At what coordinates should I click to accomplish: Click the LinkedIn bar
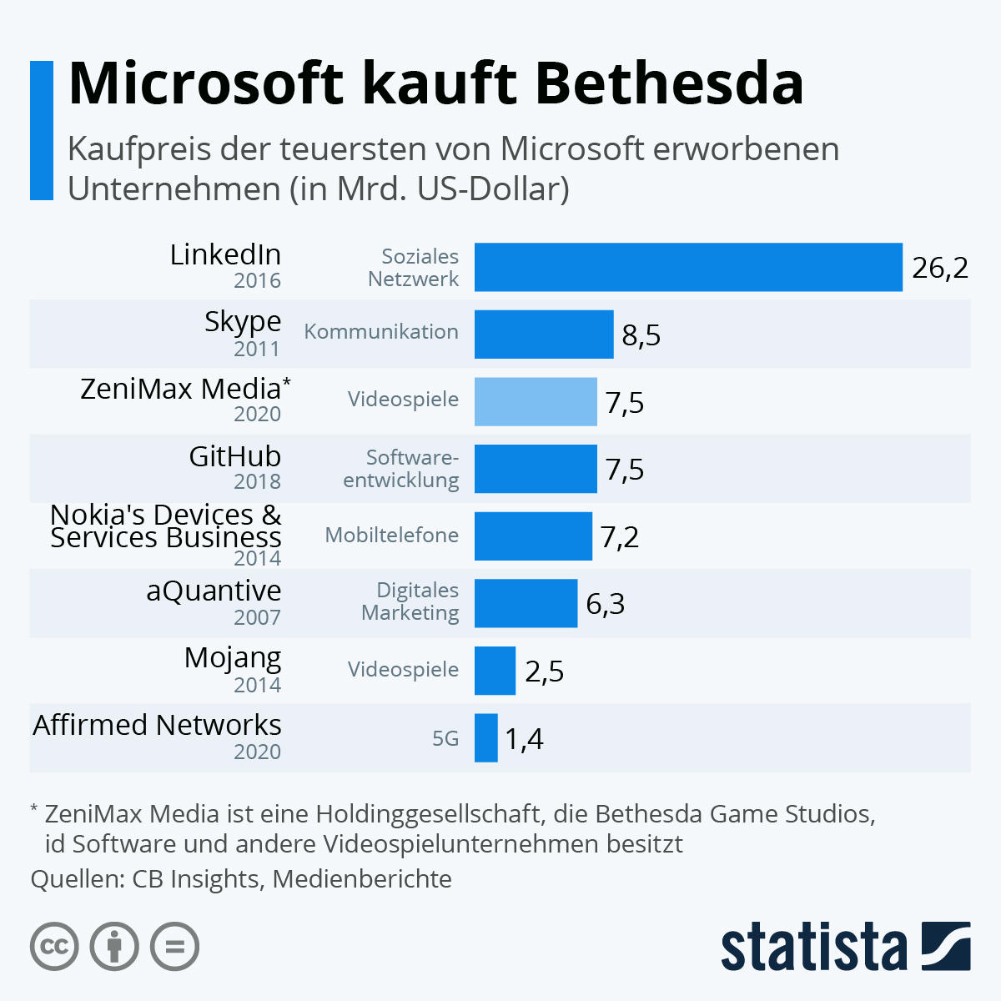[x=688, y=267]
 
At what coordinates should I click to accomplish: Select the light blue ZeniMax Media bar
[x=536, y=401]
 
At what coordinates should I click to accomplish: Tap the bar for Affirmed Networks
[x=486, y=737]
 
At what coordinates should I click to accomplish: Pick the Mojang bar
[x=495, y=671]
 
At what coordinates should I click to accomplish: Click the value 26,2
[x=940, y=268]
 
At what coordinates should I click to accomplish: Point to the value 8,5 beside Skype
[x=641, y=335]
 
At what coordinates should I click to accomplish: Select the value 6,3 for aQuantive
[x=606, y=604]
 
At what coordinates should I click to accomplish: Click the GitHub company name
[x=235, y=456]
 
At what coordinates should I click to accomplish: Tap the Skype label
[x=243, y=321]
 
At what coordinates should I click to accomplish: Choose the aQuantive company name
[x=214, y=591]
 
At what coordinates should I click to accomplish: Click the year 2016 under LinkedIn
[x=257, y=280]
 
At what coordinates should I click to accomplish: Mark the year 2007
[x=257, y=617]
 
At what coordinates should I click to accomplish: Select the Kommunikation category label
[x=381, y=331]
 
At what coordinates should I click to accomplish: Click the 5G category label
[x=445, y=738]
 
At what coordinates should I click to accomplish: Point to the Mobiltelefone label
[x=392, y=535]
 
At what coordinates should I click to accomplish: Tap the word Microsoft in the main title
[x=206, y=83]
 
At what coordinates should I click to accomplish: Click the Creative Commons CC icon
[x=54, y=947]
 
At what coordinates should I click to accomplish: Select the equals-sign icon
[x=175, y=947]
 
